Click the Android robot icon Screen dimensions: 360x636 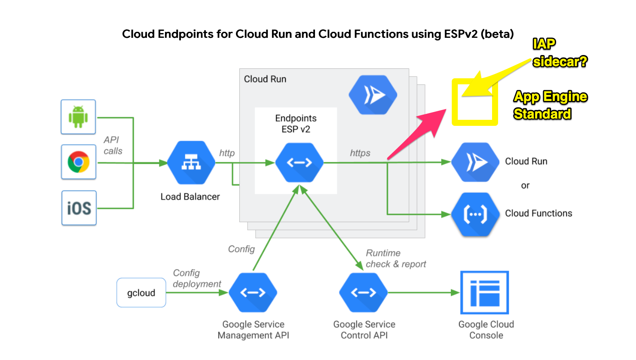point(78,117)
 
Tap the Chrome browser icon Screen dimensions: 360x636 point(79,162)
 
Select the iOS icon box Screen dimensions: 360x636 point(79,208)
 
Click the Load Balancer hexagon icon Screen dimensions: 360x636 point(191,163)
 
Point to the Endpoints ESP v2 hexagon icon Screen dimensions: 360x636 point(299,163)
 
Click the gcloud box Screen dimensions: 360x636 point(141,293)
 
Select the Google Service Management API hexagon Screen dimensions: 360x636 point(253,293)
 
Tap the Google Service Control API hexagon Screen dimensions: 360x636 point(364,293)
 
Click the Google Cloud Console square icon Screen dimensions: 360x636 point(485,293)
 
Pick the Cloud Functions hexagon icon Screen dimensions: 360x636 point(475,214)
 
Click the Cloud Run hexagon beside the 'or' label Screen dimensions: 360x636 point(475,162)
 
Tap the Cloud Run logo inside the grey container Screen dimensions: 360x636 point(373,95)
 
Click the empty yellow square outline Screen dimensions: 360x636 point(475,102)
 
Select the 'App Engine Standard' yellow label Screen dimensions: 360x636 point(550,105)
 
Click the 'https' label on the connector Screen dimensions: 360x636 point(360,153)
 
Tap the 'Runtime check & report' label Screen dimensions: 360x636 point(395,259)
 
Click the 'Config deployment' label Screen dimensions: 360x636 point(196,278)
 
